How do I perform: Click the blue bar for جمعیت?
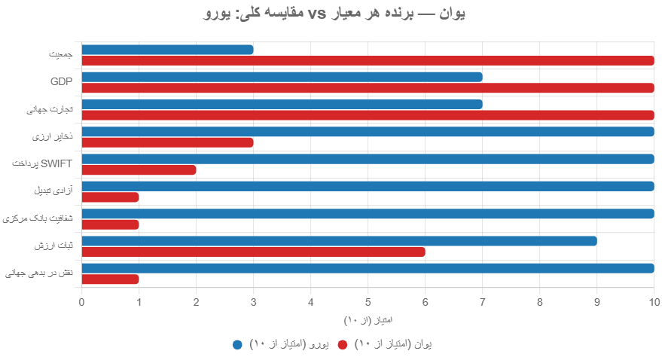pyautogui.click(x=167, y=50)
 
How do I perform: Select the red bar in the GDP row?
pyautogui.click(x=368, y=88)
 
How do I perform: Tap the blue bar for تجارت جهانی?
pyautogui.click(x=282, y=104)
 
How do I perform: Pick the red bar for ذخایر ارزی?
pyautogui.click(x=167, y=142)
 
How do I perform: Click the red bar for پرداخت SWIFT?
pyautogui.click(x=139, y=170)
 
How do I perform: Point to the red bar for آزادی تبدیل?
pyautogui.click(x=110, y=197)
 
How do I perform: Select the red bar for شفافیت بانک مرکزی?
pyautogui.click(x=110, y=224)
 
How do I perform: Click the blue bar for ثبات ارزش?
pyautogui.click(x=339, y=241)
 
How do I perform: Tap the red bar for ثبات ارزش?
pyautogui.click(x=253, y=252)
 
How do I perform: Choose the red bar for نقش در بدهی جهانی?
pyautogui.click(x=110, y=279)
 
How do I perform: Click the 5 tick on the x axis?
pyautogui.click(x=368, y=303)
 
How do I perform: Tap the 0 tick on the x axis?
pyautogui.click(x=81, y=303)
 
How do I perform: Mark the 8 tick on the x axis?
pyautogui.click(x=540, y=303)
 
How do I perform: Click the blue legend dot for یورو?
pyautogui.click(x=237, y=344)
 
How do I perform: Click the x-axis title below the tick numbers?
pyautogui.click(x=368, y=321)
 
